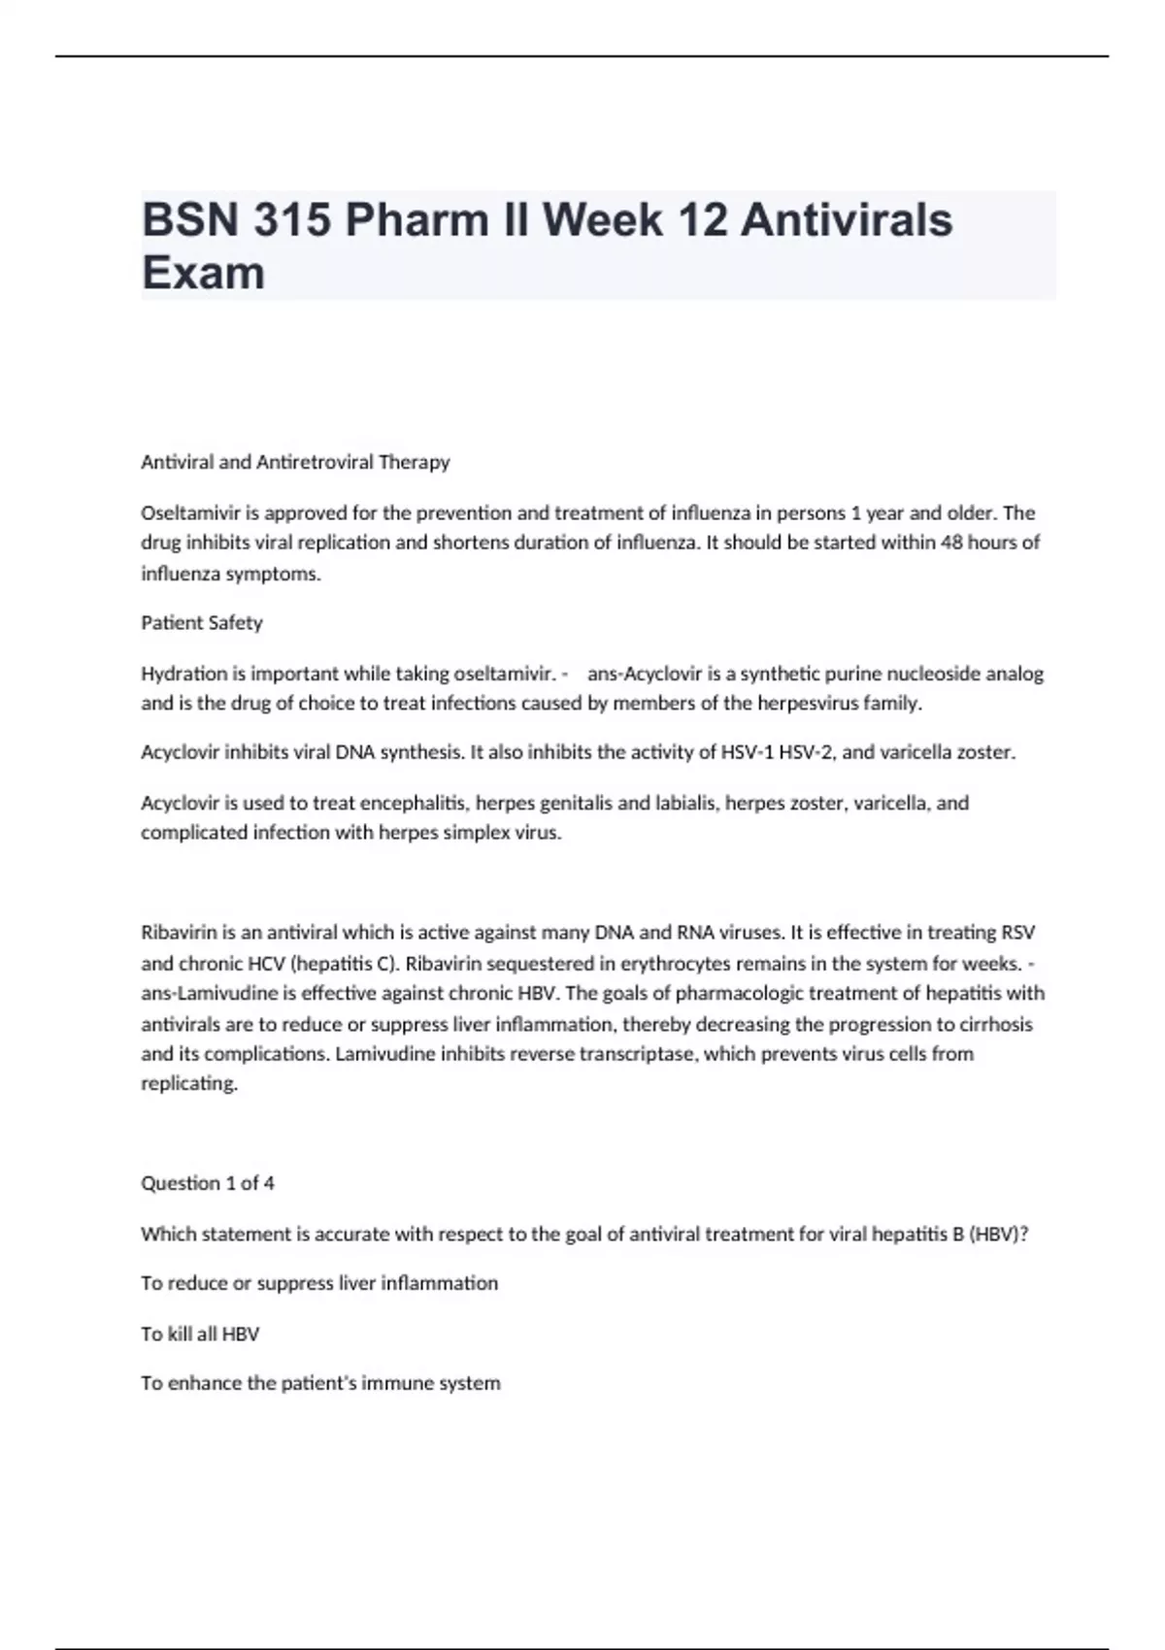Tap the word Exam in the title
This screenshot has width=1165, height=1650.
pyautogui.click(x=203, y=273)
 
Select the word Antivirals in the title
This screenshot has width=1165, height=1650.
pyautogui.click(x=847, y=219)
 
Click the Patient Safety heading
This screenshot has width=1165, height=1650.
pyautogui.click(x=202, y=623)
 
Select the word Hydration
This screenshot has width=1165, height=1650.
pyautogui.click(x=183, y=674)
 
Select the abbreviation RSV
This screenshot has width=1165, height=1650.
pyautogui.click(x=1017, y=933)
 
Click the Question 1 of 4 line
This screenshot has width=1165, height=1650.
pyautogui.click(x=208, y=1183)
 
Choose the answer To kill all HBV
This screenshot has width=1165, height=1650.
pyautogui.click(x=200, y=1335)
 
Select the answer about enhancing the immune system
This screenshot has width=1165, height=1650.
pyautogui.click(x=320, y=1383)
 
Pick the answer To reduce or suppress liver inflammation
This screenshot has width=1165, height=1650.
pyautogui.click(x=319, y=1283)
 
